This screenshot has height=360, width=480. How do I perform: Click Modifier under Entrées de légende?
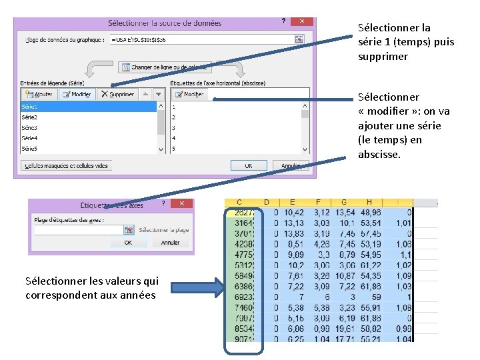(77, 95)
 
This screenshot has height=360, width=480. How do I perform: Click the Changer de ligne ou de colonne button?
(165, 67)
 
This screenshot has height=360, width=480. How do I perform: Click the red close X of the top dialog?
(303, 22)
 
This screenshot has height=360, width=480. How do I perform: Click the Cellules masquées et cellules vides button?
(67, 165)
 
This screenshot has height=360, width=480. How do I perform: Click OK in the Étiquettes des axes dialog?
(128, 243)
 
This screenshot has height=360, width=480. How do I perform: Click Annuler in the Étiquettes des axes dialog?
(171, 243)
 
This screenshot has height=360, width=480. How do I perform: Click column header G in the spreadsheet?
(344, 202)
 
